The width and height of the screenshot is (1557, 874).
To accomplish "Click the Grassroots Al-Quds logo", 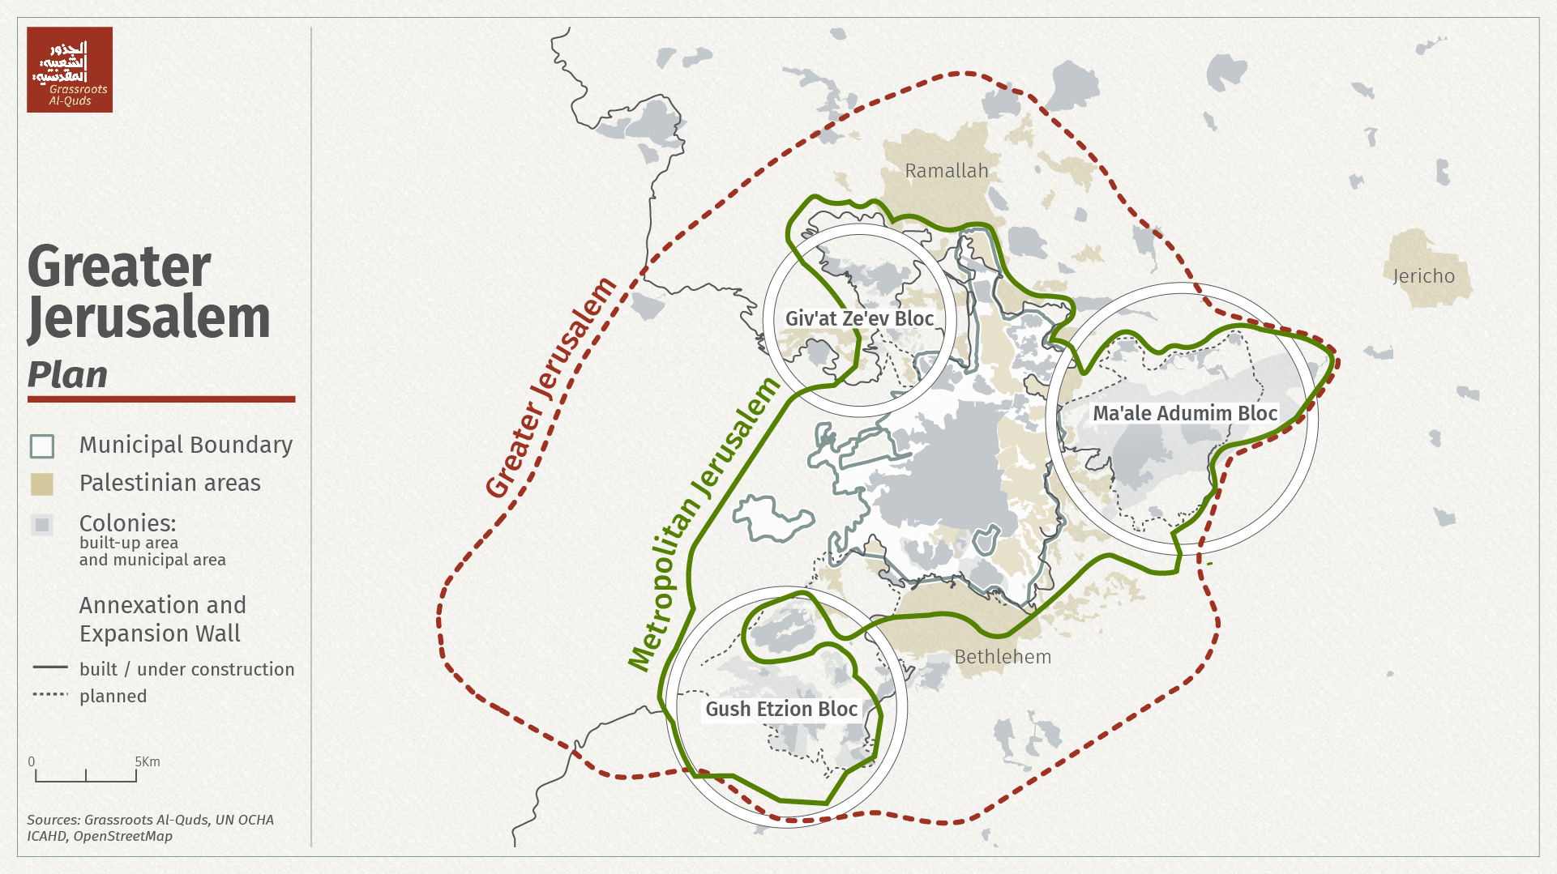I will tap(70, 70).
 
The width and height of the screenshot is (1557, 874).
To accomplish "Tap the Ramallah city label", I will tap(946, 171).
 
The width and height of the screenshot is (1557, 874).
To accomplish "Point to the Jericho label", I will tap(1423, 276).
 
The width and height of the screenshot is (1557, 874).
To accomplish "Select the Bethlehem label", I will tap(1003, 657).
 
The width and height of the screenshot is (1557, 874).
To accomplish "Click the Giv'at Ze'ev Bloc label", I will tap(859, 319).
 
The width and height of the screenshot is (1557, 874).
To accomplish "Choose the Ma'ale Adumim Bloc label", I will tap(1185, 413).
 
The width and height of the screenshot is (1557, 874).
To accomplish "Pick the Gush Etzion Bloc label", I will tap(781, 710).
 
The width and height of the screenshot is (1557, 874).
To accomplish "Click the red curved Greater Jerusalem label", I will tap(550, 389).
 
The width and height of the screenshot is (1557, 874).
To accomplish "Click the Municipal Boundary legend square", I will tap(42, 446).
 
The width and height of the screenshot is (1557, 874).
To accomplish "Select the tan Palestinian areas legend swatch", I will tap(42, 484).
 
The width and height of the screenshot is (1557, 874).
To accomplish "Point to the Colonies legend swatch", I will tap(42, 525).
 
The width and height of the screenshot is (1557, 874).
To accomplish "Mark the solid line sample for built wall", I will tap(50, 668).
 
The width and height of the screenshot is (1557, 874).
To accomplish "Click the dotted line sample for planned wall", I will tap(50, 695).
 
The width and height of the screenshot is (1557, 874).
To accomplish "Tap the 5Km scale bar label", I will tap(148, 762).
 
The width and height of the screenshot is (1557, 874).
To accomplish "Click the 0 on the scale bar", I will tap(32, 762).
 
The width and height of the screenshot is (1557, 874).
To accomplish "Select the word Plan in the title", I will tap(67, 375).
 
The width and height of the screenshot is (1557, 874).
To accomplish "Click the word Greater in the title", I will tap(119, 266).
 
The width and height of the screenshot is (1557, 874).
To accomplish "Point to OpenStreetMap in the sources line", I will tap(123, 836).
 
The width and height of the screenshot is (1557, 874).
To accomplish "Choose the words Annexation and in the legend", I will tap(162, 605).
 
